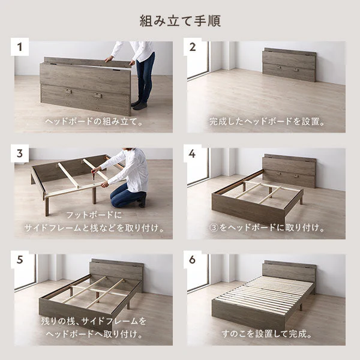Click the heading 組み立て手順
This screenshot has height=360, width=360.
pyautogui.click(x=180, y=21)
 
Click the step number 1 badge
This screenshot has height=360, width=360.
pyautogui.click(x=20, y=47)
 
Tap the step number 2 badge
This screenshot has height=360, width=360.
pyautogui.click(x=193, y=47)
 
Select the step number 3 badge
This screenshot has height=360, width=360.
pyautogui.click(x=20, y=154)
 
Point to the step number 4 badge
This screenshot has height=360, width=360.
pyautogui.click(x=193, y=154)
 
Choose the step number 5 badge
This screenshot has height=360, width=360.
pyautogui.click(x=20, y=260)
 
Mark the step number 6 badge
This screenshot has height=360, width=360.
pyautogui.click(x=193, y=260)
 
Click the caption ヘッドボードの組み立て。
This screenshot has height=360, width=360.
pyautogui.click(x=94, y=121)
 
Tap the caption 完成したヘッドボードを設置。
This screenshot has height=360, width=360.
pyautogui.click(x=267, y=121)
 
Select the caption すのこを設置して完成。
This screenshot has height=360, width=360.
pyautogui.click(x=267, y=334)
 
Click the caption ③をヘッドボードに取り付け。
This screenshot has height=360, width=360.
pyautogui.click(x=267, y=227)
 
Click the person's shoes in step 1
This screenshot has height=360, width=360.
pyautogui.click(x=140, y=104)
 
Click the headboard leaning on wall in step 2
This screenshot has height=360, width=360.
pyautogui.click(x=289, y=65)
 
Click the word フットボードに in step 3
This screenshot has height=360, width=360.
pyautogui.click(x=94, y=215)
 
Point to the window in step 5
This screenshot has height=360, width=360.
pyautogui.click(x=25, y=272)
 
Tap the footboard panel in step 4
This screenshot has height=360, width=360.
pyautogui.click(x=248, y=211)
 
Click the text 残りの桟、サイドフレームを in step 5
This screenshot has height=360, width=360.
pyautogui.click(x=94, y=321)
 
